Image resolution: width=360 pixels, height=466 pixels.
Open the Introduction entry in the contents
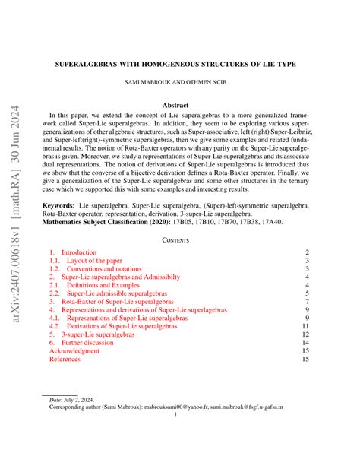click(x=78, y=252)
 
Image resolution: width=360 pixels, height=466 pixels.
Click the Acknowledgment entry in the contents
click(x=74, y=352)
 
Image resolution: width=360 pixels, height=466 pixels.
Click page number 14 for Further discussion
click(x=305, y=343)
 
